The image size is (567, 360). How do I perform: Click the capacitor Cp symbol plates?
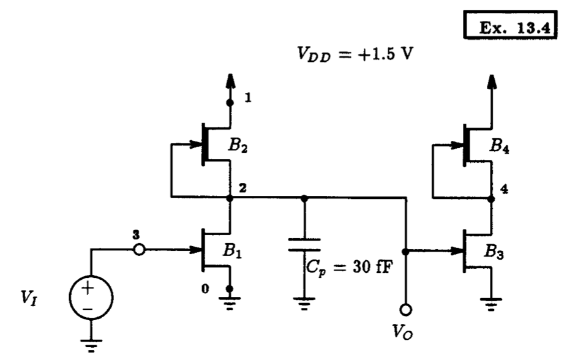[x=304, y=246]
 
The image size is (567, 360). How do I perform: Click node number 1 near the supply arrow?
[x=247, y=98]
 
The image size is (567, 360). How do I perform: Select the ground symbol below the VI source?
[x=90, y=347]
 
